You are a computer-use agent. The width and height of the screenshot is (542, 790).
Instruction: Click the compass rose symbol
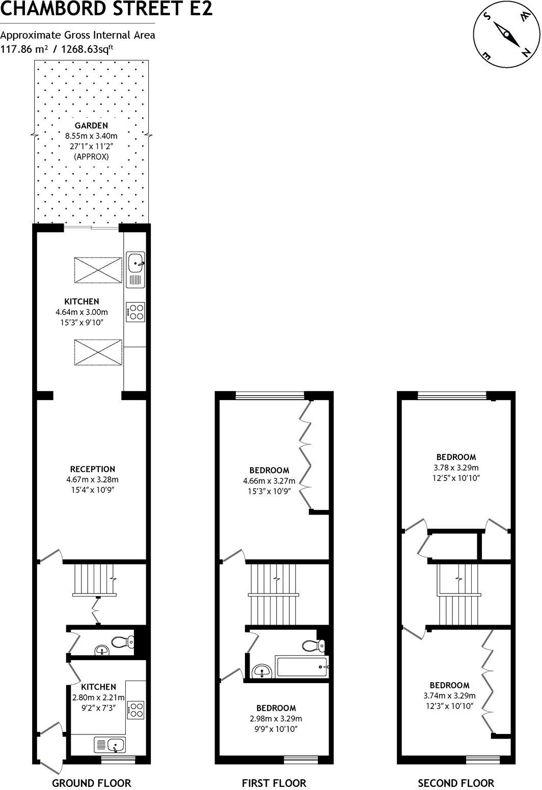pyautogui.click(x=507, y=35)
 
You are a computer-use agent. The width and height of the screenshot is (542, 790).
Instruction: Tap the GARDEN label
pyautogui.click(x=91, y=125)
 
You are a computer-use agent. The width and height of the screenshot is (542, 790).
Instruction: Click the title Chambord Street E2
pyautogui.click(x=106, y=9)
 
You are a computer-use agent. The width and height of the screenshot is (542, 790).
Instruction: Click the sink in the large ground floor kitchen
pyautogui.click(x=135, y=264)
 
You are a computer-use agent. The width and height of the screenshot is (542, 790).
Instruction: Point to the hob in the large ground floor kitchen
pyautogui.click(x=135, y=312)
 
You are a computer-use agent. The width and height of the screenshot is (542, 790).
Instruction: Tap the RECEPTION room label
pyautogui.click(x=93, y=469)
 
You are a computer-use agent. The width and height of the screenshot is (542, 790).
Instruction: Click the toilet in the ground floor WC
pyautogui.click(x=122, y=642)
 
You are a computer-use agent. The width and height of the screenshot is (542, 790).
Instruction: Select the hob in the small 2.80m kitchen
pyautogui.click(x=136, y=710)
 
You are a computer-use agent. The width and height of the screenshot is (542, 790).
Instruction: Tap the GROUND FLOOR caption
pyautogui.click(x=92, y=783)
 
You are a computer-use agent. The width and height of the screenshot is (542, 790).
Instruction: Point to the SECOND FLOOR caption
pyautogui.click(x=456, y=783)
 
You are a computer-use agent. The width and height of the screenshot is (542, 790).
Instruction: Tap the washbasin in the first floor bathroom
pyautogui.click(x=262, y=670)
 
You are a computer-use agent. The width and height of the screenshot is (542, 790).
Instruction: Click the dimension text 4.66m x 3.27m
pyautogui.click(x=269, y=481)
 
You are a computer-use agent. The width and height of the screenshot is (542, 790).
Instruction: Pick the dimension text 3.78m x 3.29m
pyautogui.click(x=456, y=467)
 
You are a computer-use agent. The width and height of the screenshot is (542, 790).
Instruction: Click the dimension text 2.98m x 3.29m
pyautogui.click(x=276, y=719)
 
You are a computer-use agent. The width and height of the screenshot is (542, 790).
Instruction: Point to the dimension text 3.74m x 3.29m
pyautogui.click(x=449, y=696)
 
